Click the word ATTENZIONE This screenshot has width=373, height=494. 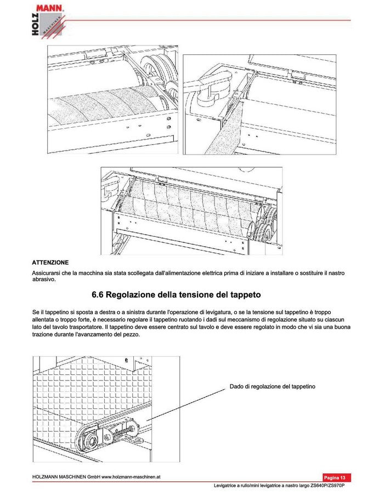[50, 263]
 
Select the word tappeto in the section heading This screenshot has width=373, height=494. [241, 295]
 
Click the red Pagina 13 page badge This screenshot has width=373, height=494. [337, 478]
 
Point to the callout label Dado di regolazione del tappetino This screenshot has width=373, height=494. [272, 387]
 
